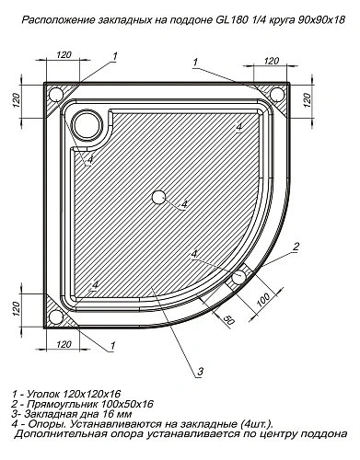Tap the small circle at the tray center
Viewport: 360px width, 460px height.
coord(158,198)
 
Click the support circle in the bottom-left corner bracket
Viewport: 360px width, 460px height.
coord(56,317)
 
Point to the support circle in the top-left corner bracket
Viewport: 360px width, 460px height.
coord(56,93)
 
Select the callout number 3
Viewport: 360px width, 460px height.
coord(199,373)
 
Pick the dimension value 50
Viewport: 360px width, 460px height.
coord(226,317)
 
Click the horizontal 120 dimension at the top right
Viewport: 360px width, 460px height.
coord(271,60)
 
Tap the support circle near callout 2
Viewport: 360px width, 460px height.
coord(239,276)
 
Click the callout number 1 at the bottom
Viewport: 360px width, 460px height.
coord(112,347)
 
